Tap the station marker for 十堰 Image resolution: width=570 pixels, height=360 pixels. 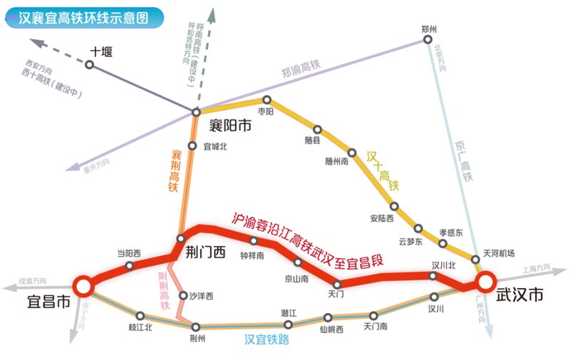pyautogui.click(x=90, y=65)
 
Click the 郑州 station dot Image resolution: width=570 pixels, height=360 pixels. pyautogui.click(x=428, y=41)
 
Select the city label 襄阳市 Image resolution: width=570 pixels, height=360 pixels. pyautogui.click(x=230, y=126)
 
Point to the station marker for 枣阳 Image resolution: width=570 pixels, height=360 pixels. pyautogui.click(x=267, y=101)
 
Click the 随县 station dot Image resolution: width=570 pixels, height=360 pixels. pyautogui.click(x=318, y=130)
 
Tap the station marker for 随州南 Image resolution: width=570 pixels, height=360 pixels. pyautogui.click(x=352, y=152)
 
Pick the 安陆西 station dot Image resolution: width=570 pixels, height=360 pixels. pyautogui.click(x=394, y=206)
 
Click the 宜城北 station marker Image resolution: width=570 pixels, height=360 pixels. pyautogui.click(x=192, y=145)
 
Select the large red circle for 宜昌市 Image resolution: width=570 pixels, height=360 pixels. pyautogui.click(x=83, y=286)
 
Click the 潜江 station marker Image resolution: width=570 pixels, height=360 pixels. pyautogui.click(x=288, y=324)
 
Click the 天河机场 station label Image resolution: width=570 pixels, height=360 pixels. pyautogui.click(x=499, y=254)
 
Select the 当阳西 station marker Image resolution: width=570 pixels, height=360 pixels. pyautogui.click(x=129, y=265)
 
